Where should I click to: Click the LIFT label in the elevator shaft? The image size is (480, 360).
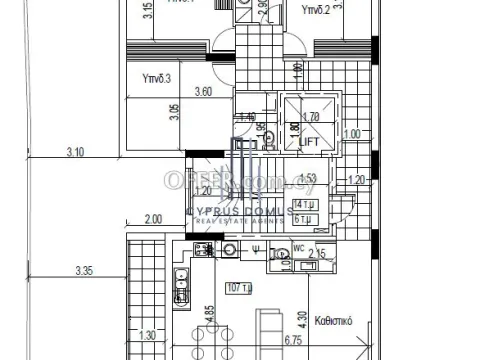(311, 142)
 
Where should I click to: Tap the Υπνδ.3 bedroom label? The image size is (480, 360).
(157, 78)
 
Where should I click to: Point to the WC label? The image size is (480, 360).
(299, 248)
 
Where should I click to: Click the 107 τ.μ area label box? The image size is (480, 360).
(239, 289)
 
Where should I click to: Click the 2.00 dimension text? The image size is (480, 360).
(153, 219)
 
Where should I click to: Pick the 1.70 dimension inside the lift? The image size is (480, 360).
(311, 117)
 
